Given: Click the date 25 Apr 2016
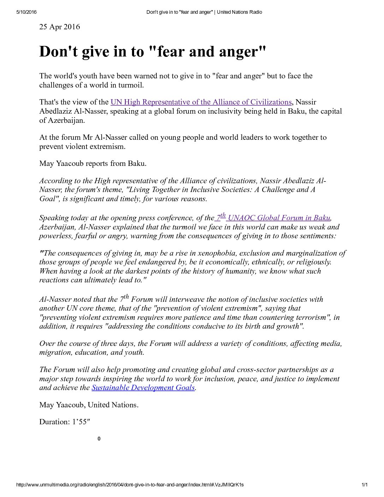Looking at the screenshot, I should click(59, 27).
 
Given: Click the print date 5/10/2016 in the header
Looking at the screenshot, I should click(26, 12).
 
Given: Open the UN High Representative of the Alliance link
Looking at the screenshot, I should click(201, 102).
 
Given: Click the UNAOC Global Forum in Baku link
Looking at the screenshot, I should click(279, 218).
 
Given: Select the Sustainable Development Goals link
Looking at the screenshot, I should click(143, 388).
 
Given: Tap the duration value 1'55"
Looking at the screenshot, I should click(79, 422).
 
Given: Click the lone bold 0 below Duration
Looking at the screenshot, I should click(99, 439).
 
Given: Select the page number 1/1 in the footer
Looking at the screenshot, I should click(365, 485).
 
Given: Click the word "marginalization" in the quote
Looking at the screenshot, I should click(311, 253).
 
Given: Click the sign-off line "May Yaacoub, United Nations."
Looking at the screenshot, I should click(89, 405).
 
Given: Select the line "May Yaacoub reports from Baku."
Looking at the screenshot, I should click(92, 163).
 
